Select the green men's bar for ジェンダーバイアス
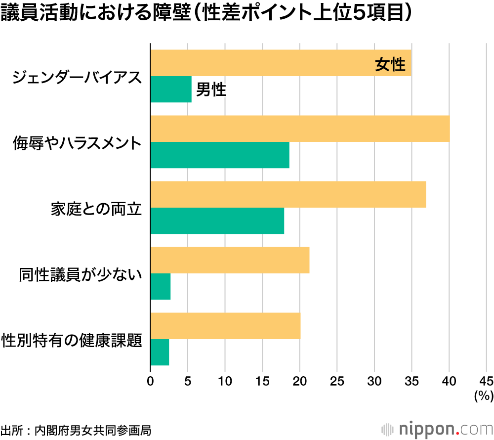coord(171,89)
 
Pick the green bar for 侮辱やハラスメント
coord(220,155)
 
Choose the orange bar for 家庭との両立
coord(288,194)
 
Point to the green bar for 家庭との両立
coord(217,220)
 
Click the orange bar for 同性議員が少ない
coord(230,260)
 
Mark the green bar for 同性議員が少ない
coord(161,286)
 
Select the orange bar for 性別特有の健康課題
coord(225,326)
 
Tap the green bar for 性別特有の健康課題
coord(160,352)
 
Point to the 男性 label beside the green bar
coord(211,90)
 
